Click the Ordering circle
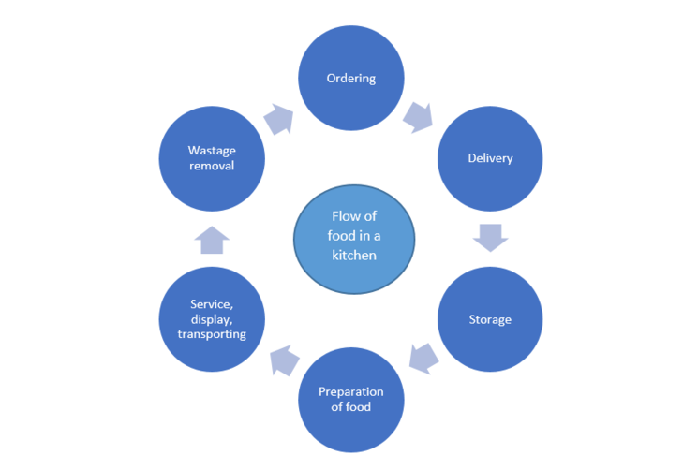coord(351,78)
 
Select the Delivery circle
coord(490,158)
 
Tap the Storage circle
coord(490,319)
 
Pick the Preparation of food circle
coord(351,400)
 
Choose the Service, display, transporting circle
coord(212,319)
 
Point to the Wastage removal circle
coord(212,158)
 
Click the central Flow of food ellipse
coord(354,240)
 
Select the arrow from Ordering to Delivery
coord(418,118)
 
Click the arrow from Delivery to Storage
coord(491,238)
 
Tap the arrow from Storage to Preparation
coord(423,359)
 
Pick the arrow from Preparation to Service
coord(285,360)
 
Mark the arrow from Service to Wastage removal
coord(212,240)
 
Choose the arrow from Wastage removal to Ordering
coord(279,119)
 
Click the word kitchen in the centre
coord(354,256)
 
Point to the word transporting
coord(212,334)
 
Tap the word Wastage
coord(212,151)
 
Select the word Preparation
coord(351,392)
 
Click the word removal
coord(212,166)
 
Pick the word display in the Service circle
coord(211,320)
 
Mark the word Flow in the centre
coord(343,216)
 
